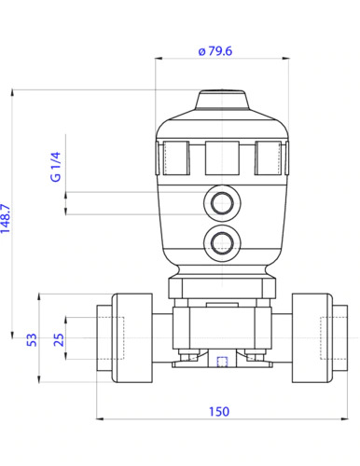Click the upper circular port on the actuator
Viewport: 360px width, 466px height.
222,203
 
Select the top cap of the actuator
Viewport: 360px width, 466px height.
222,102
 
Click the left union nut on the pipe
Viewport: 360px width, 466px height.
131,336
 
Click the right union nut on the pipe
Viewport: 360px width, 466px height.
313,336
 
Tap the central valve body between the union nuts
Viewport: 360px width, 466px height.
222,326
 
